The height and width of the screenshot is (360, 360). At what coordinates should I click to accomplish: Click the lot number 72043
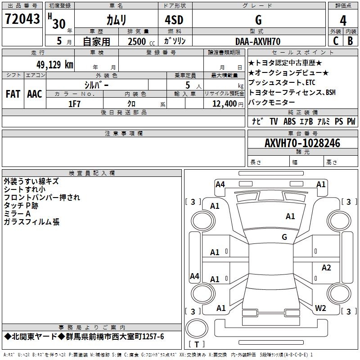click(x=22, y=19)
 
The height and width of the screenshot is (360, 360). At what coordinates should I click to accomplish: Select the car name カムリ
click(x=116, y=20)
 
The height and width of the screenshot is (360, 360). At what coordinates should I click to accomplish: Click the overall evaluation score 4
click(x=343, y=20)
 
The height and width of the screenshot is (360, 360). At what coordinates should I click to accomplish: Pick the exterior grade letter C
click(x=336, y=41)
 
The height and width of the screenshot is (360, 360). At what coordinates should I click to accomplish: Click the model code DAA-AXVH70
click(x=258, y=41)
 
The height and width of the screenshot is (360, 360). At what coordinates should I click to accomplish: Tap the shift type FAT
click(x=13, y=94)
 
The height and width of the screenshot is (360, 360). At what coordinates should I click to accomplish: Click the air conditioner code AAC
click(x=34, y=94)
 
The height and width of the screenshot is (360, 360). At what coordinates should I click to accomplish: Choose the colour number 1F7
click(x=74, y=104)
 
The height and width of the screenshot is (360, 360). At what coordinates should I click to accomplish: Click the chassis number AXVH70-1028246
click(x=302, y=143)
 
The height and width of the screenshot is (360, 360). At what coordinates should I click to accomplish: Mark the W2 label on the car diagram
click(x=320, y=308)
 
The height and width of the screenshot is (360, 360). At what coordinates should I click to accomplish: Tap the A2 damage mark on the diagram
click(x=326, y=268)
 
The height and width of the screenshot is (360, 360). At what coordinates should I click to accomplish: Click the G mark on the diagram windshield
click(x=284, y=237)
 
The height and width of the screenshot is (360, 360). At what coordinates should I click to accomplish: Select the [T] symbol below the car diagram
click(x=196, y=344)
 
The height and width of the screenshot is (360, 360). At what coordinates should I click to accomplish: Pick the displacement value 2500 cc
click(x=139, y=41)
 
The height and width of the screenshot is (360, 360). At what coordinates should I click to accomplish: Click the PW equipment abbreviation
click(x=351, y=121)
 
